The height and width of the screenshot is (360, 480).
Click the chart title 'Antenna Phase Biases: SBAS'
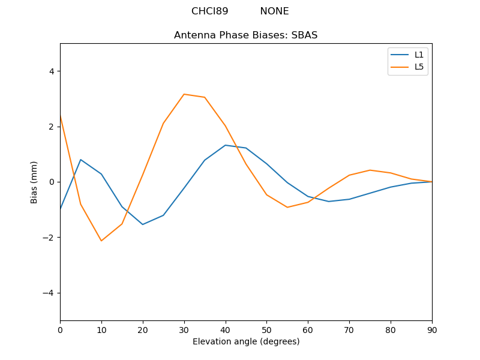245,35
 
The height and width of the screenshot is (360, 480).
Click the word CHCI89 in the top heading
209,11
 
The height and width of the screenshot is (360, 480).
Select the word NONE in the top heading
274,11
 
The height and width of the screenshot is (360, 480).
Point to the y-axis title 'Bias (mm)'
35,182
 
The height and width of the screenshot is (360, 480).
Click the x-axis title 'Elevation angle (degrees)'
246,342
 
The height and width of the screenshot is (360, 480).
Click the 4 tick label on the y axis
52,71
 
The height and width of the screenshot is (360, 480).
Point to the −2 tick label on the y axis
49,238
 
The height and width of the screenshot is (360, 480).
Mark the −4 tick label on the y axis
49,293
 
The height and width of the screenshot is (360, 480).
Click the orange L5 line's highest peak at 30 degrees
184,94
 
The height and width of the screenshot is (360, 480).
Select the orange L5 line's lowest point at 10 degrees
101,241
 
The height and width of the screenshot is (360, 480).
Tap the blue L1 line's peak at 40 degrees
225,145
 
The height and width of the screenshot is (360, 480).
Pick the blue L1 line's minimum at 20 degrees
143,224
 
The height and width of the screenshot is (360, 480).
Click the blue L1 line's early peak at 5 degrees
80,160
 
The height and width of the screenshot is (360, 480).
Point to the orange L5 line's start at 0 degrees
61,116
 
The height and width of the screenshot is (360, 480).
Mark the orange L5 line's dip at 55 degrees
287,207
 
